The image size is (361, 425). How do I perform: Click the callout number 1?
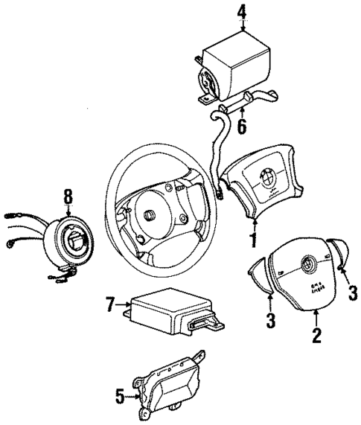click(254, 240)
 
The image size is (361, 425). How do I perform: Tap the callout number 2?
click(316, 336)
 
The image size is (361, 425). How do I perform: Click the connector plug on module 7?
click(204, 323)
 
